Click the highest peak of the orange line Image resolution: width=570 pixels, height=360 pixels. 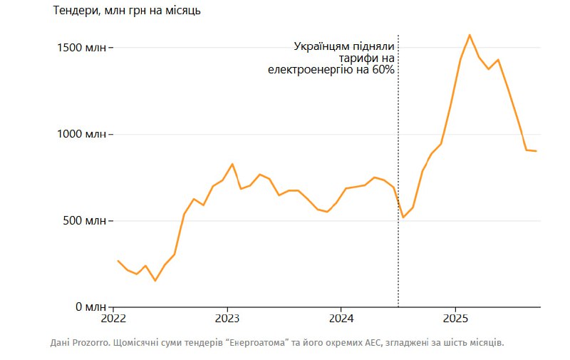click(x=470, y=35)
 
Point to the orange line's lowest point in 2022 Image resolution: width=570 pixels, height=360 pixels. click(x=155, y=281)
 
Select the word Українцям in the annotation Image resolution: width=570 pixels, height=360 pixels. click(x=320, y=46)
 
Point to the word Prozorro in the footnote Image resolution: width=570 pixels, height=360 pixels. click(x=88, y=343)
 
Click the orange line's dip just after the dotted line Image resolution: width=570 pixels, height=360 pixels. click(x=403, y=217)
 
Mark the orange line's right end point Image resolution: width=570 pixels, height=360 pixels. click(x=536, y=151)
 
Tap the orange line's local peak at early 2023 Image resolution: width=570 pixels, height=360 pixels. click(x=232, y=164)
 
